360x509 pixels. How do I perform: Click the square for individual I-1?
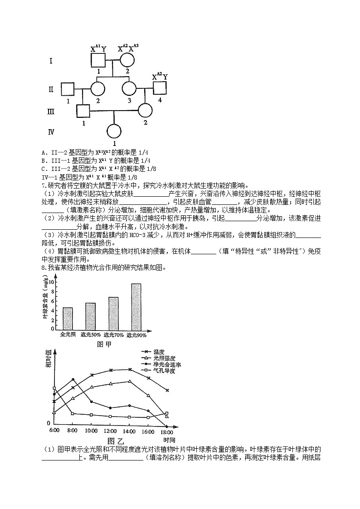(x=98, y=61)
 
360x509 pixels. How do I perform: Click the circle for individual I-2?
(x=128, y=61)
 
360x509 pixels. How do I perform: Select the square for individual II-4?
(x=160, y=88)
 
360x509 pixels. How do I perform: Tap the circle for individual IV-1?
(x=114, y=132)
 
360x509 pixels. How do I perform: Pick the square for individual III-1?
(x=83, y=111)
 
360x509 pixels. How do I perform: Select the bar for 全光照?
(x=68, y=319)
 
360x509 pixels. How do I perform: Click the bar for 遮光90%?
(x=136, y=307)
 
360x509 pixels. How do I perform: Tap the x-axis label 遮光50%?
(x=91, y=335)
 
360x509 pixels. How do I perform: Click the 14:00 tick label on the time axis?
(x=129, y=431)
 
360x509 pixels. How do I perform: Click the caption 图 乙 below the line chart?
(x=116, y=440)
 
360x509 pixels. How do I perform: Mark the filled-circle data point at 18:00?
(x=167, y=427)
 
